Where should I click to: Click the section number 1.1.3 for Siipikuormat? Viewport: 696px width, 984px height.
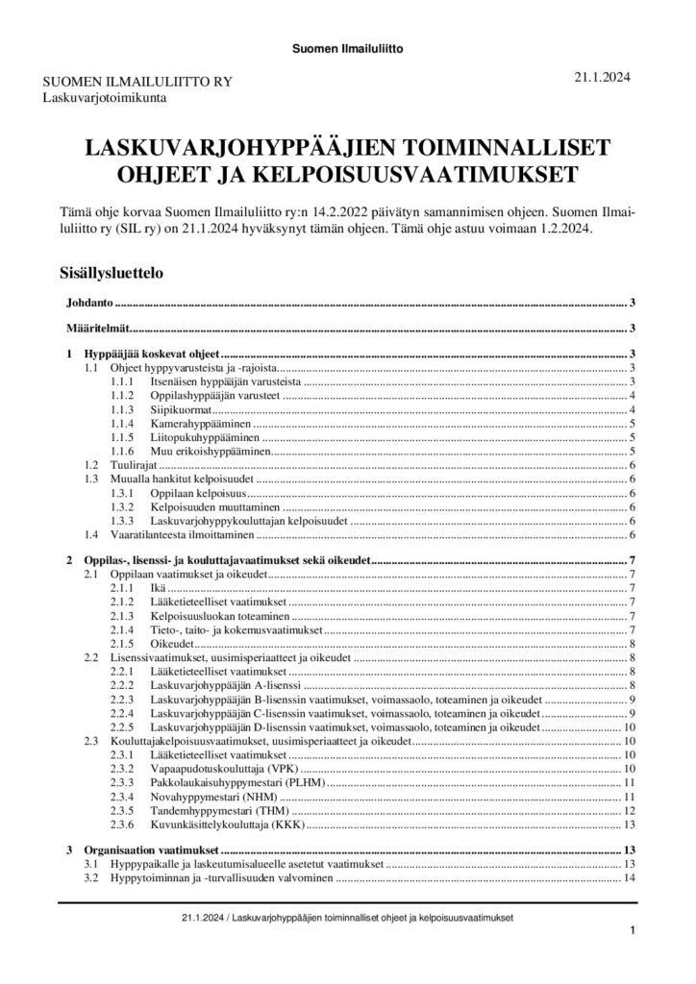pyautogui.click(x=124, y=409)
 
